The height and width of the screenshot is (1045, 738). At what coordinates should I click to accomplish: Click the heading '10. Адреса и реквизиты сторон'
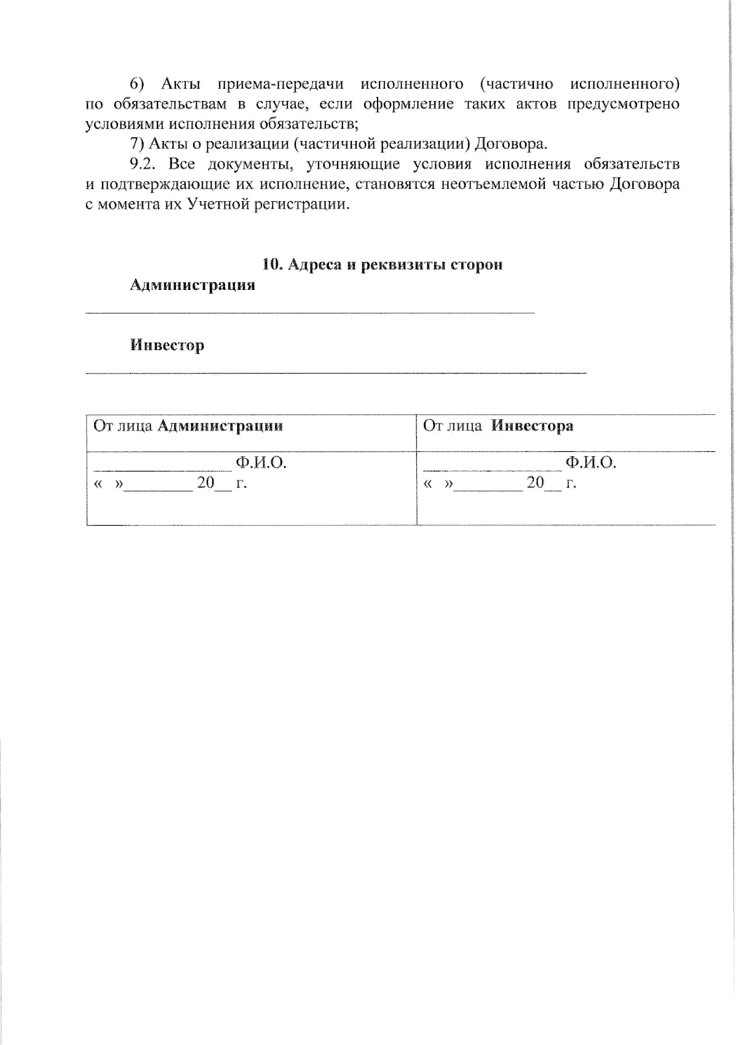382,265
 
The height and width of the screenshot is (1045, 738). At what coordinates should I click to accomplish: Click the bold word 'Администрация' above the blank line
192,285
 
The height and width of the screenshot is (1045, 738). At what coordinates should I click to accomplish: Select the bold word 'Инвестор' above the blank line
167,345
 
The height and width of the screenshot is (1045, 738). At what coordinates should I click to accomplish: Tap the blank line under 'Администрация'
309,313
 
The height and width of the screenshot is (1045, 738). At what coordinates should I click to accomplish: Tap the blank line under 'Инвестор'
336,372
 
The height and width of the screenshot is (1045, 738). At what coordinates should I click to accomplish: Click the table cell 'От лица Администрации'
188,426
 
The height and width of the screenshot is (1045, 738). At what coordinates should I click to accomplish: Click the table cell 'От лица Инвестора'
498,426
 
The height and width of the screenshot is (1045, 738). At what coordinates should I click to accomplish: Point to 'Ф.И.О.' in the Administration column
261,463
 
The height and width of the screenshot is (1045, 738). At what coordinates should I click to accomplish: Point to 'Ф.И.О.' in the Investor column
590,463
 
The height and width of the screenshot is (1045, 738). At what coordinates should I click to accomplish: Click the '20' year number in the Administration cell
205,482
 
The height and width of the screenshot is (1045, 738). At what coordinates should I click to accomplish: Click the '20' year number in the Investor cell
535,482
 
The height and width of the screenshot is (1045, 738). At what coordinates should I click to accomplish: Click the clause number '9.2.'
145,164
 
